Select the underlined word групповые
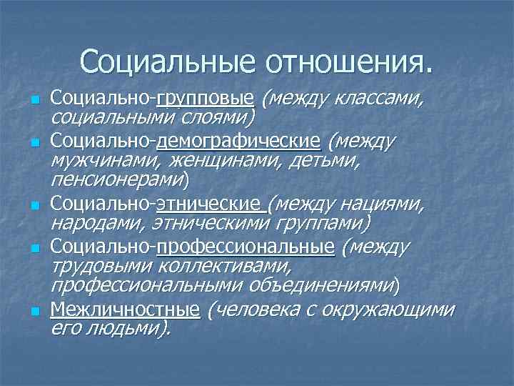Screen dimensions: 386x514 coord(205,96)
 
